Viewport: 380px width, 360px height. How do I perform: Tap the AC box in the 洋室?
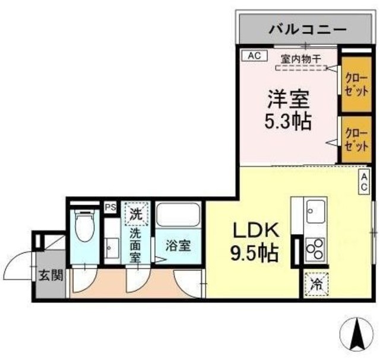tap(253, 56)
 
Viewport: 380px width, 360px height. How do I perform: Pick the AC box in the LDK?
tap(365, 181)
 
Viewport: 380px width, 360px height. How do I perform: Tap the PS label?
tap(110, 207)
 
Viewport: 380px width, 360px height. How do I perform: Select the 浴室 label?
tap(177, 244)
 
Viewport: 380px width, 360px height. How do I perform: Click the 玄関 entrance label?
tap(49, 276)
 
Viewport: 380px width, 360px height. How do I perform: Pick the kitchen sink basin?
tap(315, 210)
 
